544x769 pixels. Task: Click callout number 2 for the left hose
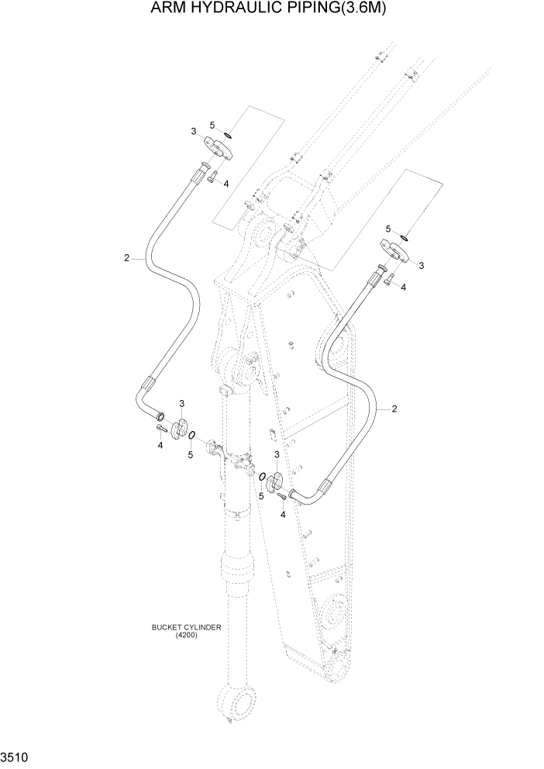(x=126, y=258)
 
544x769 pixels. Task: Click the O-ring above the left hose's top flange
(x=229, y=136)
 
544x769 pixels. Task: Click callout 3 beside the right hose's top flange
(x=421, y=266)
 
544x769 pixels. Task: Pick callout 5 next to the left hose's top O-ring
(x=212, y=125)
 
